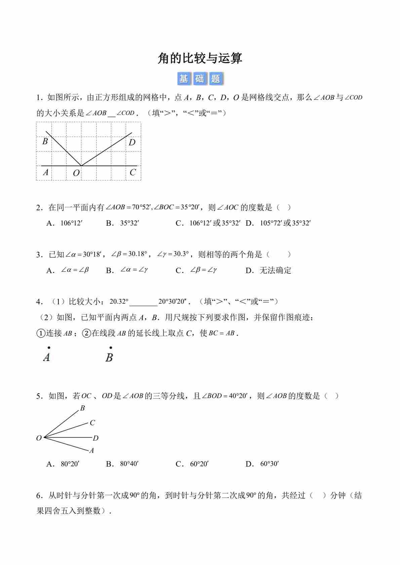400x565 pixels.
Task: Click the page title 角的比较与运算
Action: click(x=200, y=58)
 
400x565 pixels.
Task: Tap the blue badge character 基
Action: click(x=184, y=79)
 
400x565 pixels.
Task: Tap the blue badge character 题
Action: click(x=216, y=79)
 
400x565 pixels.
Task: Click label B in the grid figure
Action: click(x=45, y=141)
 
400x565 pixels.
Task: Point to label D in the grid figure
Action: click(x=132, y=142)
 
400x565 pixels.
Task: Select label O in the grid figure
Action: click(x=76, y=173)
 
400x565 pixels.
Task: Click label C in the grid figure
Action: click(x=133, y=172)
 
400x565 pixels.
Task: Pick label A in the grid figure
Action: click(x=46, y=172)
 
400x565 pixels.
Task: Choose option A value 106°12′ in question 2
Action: click(x=71, y=223)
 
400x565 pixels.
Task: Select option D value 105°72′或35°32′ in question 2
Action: click(x=285, y=223)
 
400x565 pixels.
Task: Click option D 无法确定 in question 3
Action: click(x=275, y=270)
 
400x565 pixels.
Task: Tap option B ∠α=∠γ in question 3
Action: click(x=134, y=270)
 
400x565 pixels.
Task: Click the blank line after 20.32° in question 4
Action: click(x=144, y=302)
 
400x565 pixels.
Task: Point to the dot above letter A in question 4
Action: click(x=49, y=348)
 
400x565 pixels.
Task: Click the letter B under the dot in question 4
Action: click(x=109, y=357)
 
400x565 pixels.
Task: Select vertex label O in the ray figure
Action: click(x=39, y=438)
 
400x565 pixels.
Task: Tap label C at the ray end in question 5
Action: click(x=92, y=423)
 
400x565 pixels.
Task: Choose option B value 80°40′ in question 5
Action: click(x=129, y=464)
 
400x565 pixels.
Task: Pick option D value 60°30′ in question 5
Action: click(x=270, y=464)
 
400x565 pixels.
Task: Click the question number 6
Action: click(x=39, y=495)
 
